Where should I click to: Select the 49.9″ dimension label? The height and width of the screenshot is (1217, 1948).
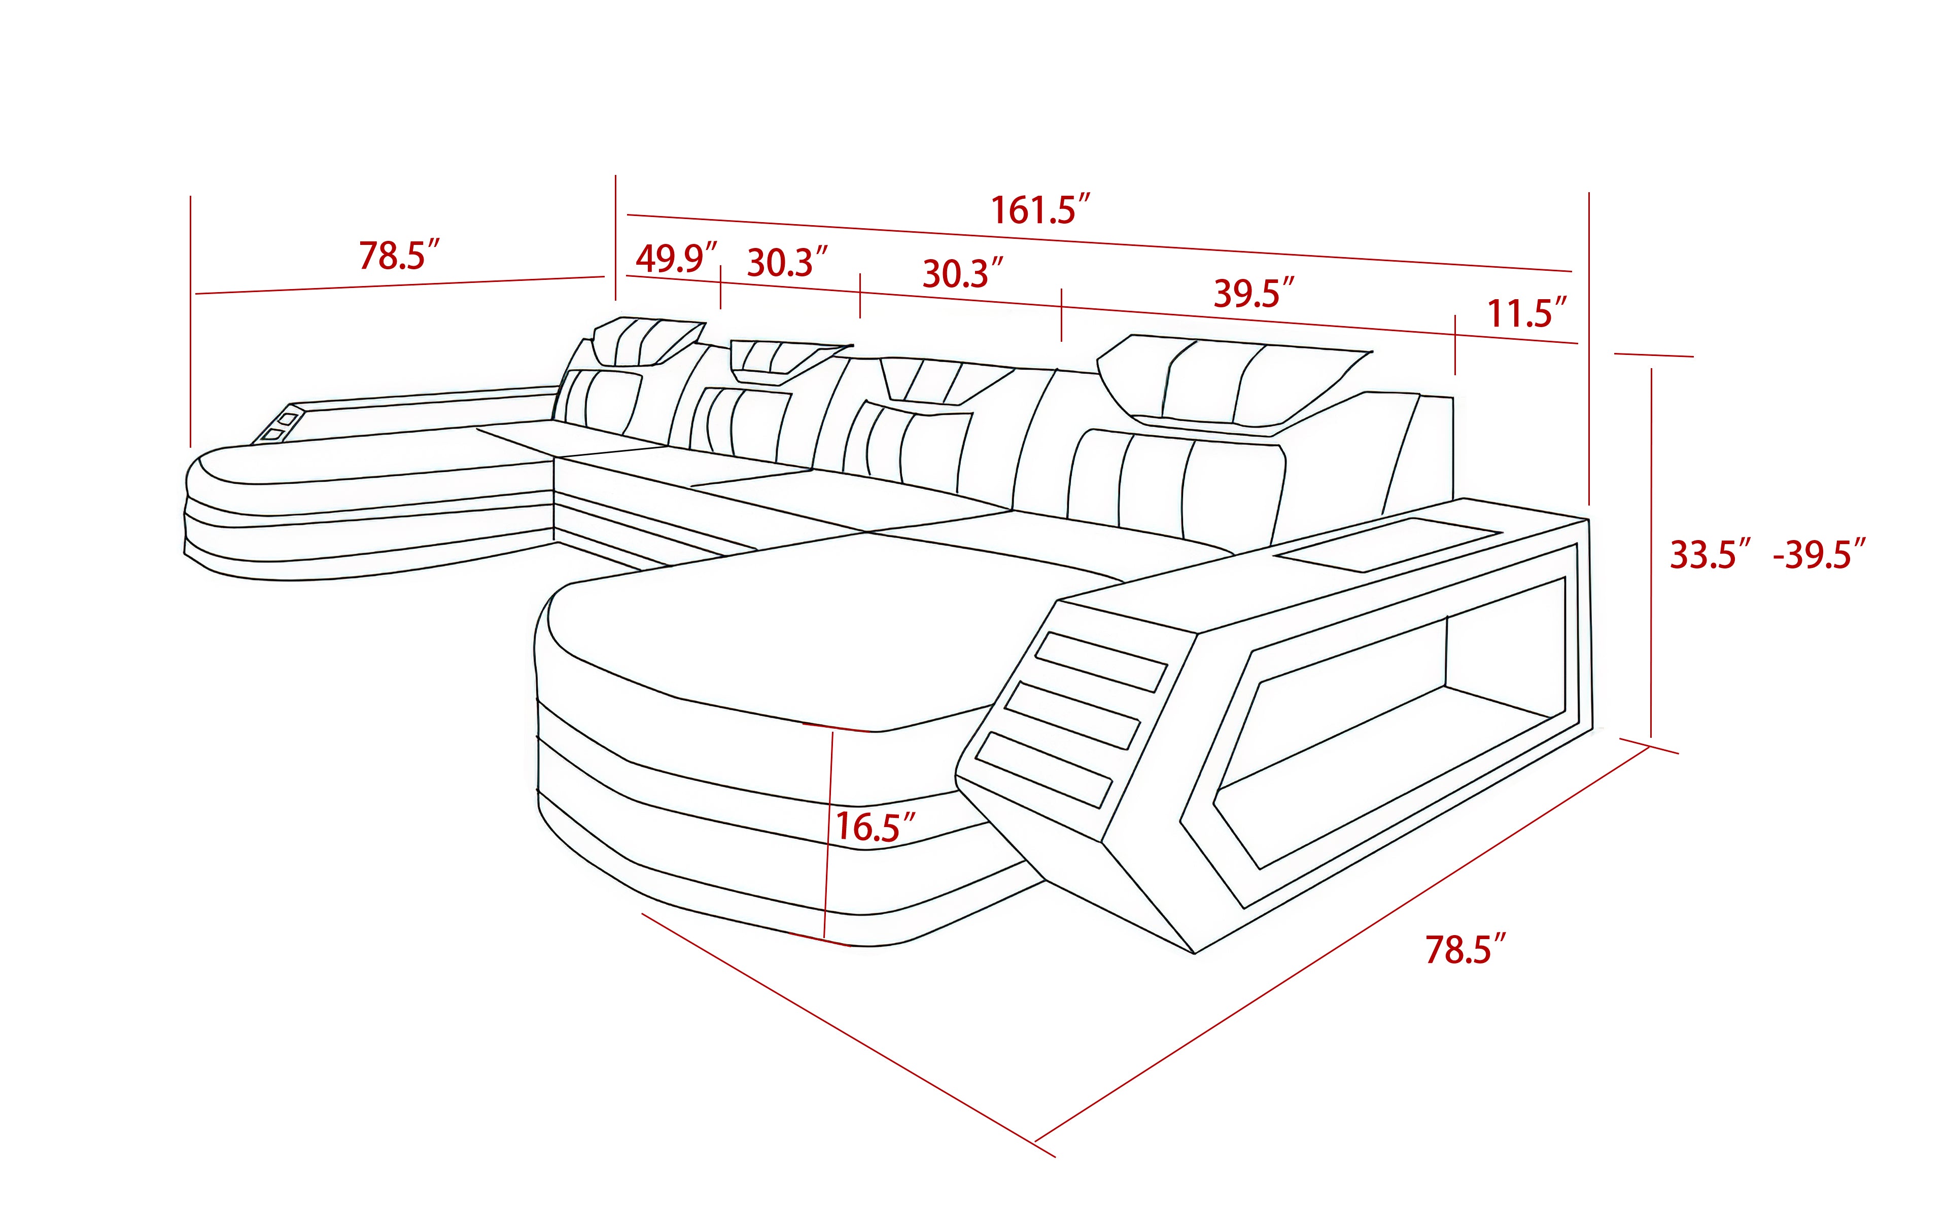pyautogui.click(x=675, y=259)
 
